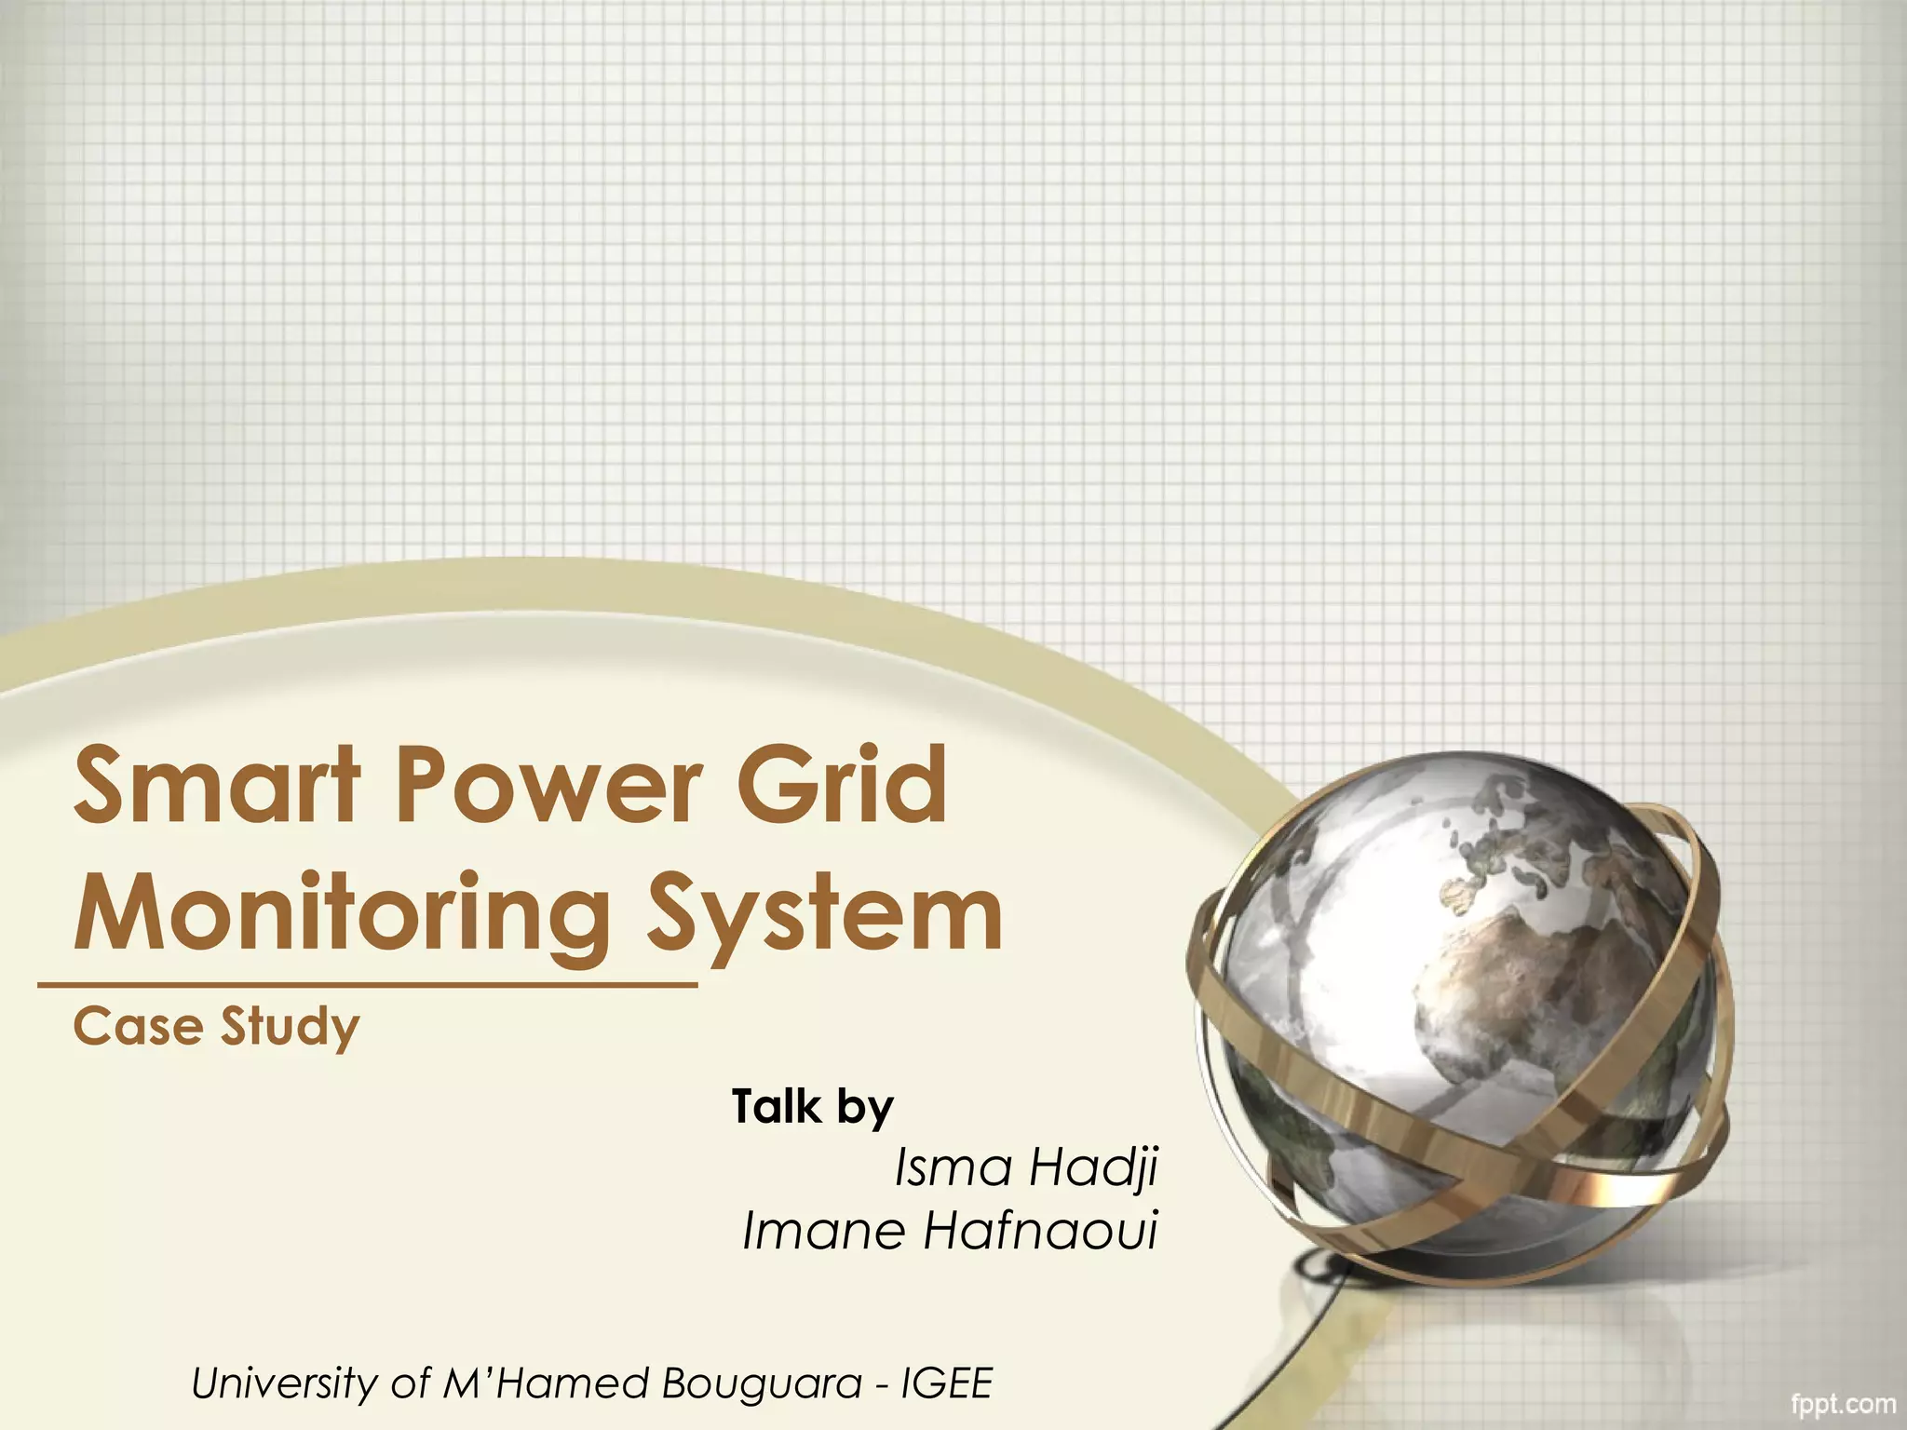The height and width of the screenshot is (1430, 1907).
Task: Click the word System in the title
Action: click(824, 916)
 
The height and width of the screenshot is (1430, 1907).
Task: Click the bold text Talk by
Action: click(813, 1107)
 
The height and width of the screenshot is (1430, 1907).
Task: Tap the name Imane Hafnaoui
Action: click(950, 1232)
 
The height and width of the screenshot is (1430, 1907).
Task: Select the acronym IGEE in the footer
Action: click(947, 1384)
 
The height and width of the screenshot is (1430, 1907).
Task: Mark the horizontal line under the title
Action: click(368, 983)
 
